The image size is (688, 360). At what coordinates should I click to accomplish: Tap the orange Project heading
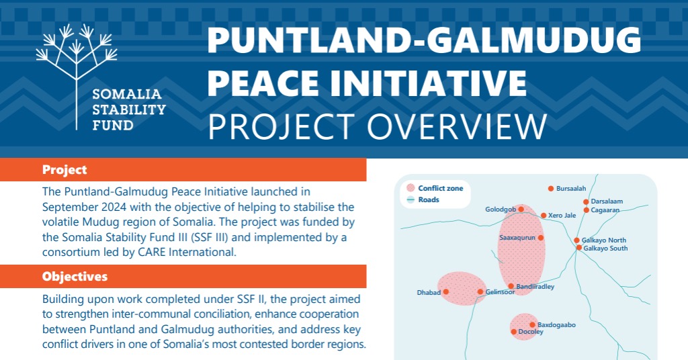[64, 170]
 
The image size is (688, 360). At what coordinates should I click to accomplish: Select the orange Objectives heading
[75, 276]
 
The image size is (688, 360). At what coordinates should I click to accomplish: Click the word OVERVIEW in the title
[457, 127]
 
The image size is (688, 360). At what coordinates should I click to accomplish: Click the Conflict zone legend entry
[435, 188]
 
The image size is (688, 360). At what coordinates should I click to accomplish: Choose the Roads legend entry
[423, 199]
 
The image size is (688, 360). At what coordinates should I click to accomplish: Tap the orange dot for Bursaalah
[551, 189]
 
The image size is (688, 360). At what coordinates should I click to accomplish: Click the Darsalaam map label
[607, 201]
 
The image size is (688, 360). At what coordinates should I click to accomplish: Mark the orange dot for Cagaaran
[586, 210]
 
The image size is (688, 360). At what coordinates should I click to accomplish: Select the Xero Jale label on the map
[562, 216]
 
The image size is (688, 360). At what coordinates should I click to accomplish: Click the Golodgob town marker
[521, 209]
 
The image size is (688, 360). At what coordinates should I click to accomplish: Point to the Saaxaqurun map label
[517, 238]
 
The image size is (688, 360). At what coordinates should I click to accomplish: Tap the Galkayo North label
[604, 240]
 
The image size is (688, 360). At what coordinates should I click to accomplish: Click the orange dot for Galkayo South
[579, 248]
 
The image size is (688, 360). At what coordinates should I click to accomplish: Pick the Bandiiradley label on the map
[535, 286]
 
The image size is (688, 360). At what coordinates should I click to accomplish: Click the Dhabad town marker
[446, 291]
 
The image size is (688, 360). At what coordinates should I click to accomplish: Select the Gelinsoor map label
[500, 292]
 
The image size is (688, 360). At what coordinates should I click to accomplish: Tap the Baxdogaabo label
[556, 325]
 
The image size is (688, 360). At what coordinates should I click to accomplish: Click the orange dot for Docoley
[514, 332]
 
